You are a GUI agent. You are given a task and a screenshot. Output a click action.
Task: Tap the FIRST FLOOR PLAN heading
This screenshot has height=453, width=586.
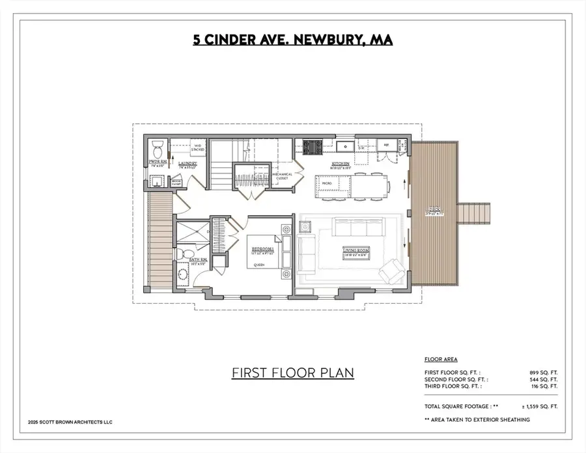[292, 373]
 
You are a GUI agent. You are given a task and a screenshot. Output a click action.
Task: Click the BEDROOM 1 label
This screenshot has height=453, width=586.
[264, 250]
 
